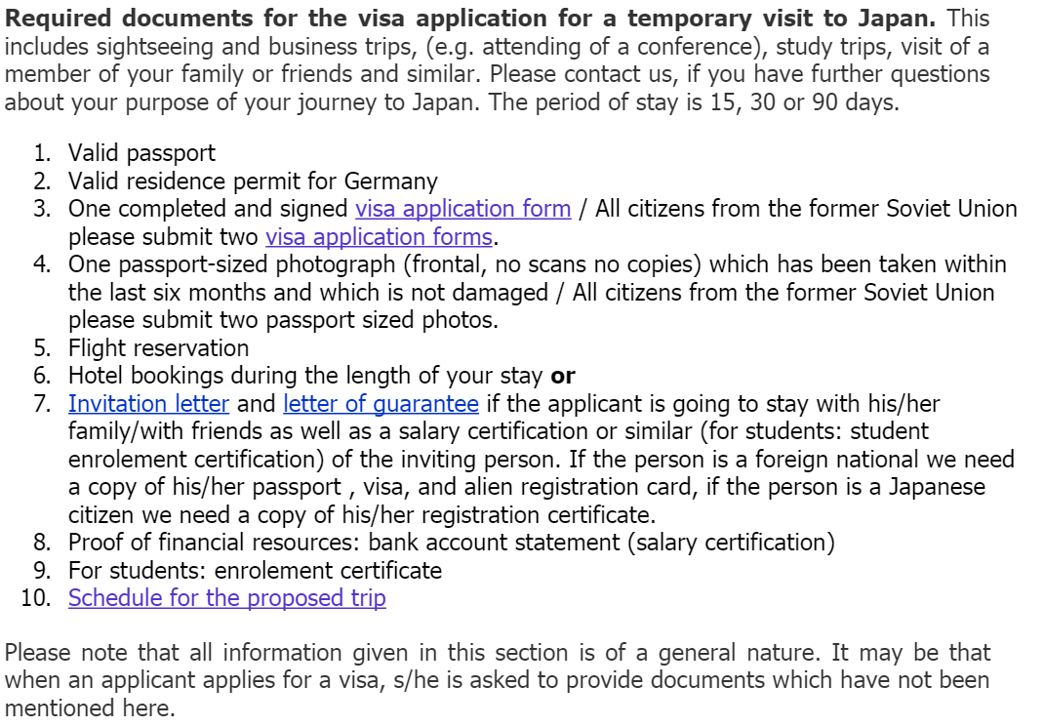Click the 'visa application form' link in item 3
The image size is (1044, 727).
tap(462, 209)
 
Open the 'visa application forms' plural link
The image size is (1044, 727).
tap(379, 237)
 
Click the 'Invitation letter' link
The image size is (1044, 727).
tap(148, 404)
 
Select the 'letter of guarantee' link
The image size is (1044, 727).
tap(381, 404)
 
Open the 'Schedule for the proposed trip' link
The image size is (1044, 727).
tap(226, 598)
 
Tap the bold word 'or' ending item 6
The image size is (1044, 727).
tap(563, 376)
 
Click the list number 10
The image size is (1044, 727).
tap(35, 598)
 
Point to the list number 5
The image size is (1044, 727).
tap(41, 348)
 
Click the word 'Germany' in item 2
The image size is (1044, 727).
tap(390, 182)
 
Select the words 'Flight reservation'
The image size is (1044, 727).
tap(158, 348)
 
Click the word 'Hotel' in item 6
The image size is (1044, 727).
tap(96, 376)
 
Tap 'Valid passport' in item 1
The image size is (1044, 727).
tap(141, 153)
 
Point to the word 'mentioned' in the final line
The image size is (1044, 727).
tap(60, 708)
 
